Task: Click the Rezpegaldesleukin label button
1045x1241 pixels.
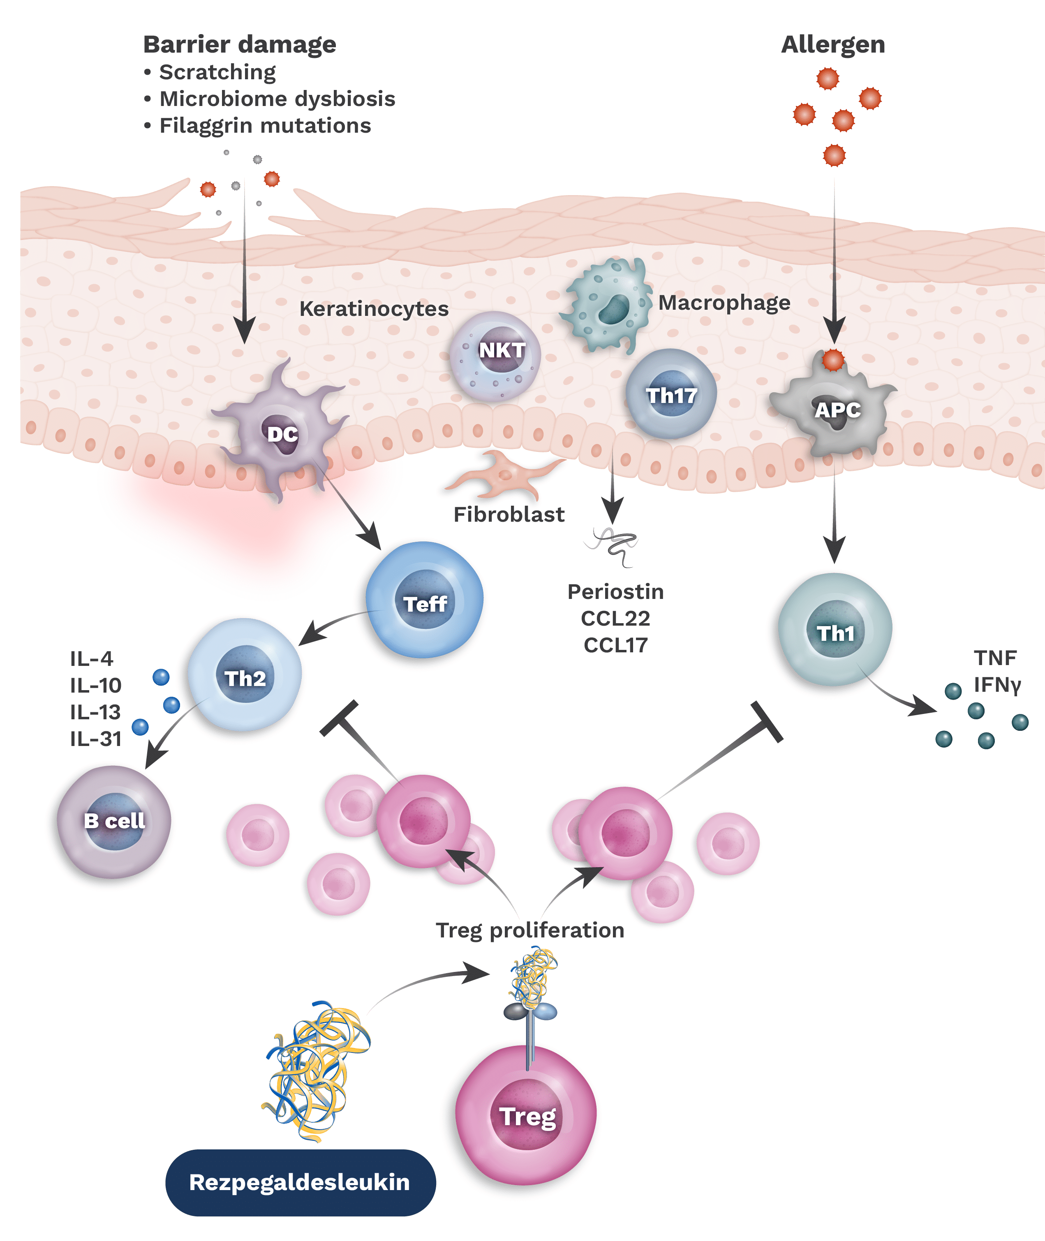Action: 300,1182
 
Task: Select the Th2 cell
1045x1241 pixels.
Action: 244,678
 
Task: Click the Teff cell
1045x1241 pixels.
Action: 424,604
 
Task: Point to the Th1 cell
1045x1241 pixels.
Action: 834,633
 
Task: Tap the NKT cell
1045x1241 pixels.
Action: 497,355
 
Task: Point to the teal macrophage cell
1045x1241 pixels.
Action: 607,305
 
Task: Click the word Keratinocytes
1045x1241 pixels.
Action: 374,309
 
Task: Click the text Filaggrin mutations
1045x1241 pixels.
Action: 265,126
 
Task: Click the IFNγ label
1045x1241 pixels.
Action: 997,685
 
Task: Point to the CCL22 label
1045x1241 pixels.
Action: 615,619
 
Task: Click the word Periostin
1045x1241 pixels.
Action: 615,592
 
